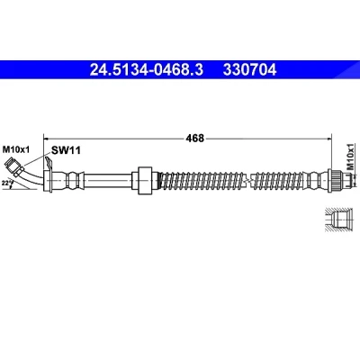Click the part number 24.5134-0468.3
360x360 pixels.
[147, 70]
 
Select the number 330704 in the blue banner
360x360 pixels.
[249, 70]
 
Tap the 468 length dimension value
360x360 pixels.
[194, 139]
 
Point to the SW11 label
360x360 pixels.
[66, 150]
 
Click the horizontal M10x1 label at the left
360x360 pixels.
[16, 149]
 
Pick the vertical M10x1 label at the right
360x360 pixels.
[350, 157]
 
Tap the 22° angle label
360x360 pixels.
[6, 182]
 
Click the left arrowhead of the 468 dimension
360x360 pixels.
[46, 139]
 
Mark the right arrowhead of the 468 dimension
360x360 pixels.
[329, 139]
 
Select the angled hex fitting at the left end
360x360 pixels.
[15, 167]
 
